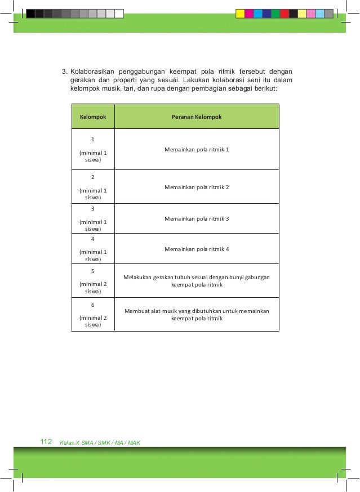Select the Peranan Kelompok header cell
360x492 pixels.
coord(197,117)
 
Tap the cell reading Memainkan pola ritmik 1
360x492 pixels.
coord(197,150)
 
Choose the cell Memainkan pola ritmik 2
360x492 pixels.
coord(197,187)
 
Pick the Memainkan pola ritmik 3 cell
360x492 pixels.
coord(197,218)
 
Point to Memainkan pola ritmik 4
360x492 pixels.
coord(197,249)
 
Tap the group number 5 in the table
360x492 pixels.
coord(93,271)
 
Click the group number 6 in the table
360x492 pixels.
coord(93,305)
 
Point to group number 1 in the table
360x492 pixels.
coord(93,138)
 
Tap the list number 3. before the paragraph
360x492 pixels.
coord(64,72)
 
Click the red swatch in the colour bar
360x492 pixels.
coord(285,14)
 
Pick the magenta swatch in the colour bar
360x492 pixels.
coord(249,14)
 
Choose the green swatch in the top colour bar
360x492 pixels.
coord(275,14)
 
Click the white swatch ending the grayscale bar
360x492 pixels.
coord(119,14)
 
